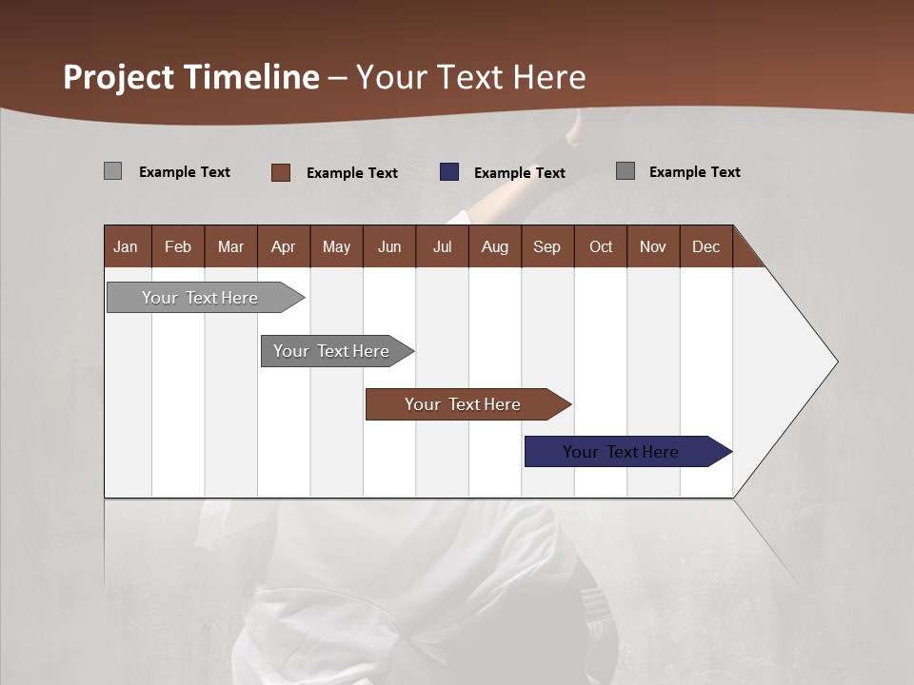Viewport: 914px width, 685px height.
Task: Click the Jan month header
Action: (x=126, y=246)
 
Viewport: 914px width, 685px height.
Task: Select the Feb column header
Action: (x=178, y=246)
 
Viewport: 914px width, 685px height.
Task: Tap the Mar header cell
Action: (x=230, y=246)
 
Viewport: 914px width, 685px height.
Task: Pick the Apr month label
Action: (x=283, y=246)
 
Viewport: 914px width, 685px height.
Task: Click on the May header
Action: (x=336, y=246)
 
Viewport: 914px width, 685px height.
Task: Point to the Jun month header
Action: (x=389, y=246)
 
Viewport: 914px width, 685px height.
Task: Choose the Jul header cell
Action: (x=442, y=246)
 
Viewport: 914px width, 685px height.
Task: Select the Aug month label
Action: (x=494, y=246)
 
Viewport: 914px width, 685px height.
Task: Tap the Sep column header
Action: (x=546, y=246)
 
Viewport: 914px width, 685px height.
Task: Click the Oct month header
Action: (x=601, y=246)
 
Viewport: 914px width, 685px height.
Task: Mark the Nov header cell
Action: (x=653, y=246)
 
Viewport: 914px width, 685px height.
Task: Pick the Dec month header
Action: (x=705, y=246)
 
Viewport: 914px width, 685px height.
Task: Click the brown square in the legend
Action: (x=280, y=172)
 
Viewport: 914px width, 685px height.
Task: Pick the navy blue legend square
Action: (x=449, y=172)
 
